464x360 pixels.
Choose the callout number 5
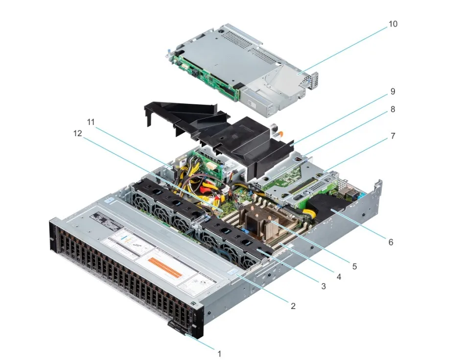pyautogui.click(x=354, y=267)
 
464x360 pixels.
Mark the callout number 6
pyautogui.click(x=391, y=241)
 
